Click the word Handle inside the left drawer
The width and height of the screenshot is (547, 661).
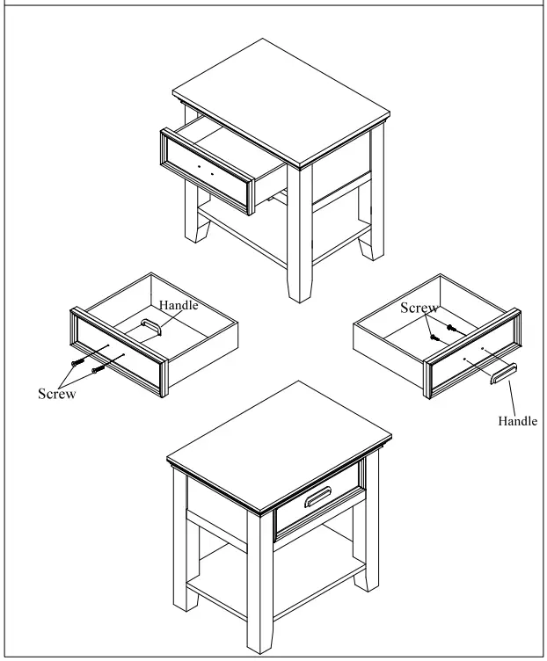click(x=179, y=306)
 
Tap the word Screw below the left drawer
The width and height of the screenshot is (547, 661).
click(x=56, y=393)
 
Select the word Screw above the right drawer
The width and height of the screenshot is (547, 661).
click(x=419, y=308)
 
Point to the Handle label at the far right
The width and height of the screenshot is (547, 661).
click(x=517, y=421)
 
